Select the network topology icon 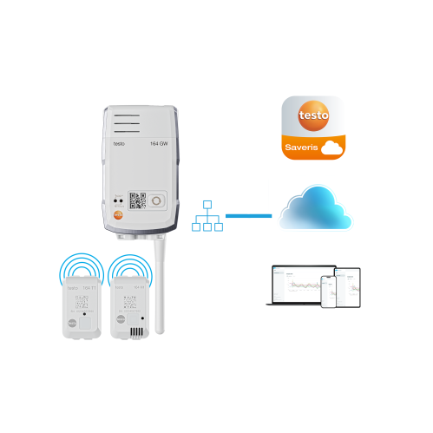(207, 216)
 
